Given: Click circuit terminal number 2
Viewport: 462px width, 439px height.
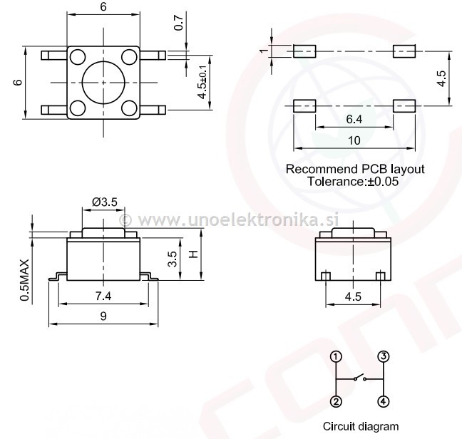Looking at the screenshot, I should click(x=337, y=401).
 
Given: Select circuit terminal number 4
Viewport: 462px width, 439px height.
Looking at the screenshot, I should click(x=383, y=401).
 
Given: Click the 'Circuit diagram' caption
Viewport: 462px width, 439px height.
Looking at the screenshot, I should click(x=360, y=426).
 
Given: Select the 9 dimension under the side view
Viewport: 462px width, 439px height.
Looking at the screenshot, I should click(x=103, y=318).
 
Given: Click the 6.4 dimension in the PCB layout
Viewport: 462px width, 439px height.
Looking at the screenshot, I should click(x=354, y=120).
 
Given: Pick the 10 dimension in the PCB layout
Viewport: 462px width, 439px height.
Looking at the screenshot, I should click(x=354, y=141).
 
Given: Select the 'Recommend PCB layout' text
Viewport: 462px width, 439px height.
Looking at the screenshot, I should click(x=354, y=170).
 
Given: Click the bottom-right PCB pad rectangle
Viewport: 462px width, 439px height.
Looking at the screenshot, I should click(x=404, y=105).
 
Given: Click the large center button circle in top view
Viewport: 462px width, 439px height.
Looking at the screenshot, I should click(x=104, y=82).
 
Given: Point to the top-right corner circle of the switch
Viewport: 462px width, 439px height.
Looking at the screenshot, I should click(x=129, y=56).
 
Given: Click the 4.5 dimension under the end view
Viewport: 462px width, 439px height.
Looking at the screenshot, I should click(x=353, y=294).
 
